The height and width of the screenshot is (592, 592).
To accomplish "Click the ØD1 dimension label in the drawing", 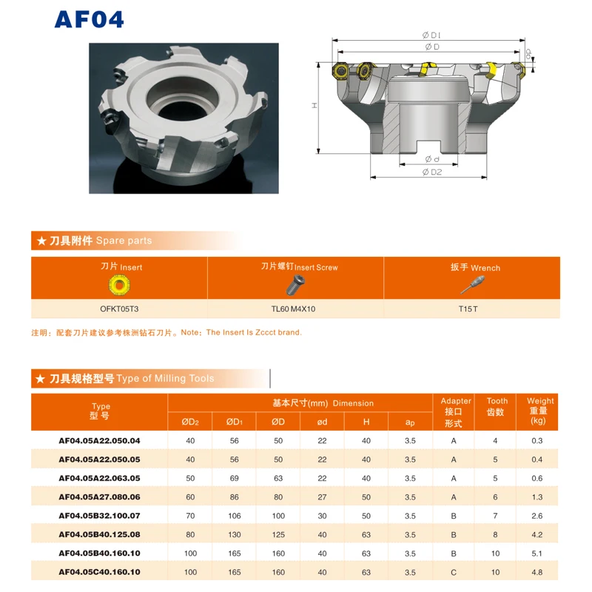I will [x=431, y=35].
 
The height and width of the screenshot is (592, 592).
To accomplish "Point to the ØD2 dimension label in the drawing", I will [x=431, y=172].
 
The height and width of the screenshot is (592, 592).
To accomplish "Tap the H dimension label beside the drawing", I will [x=314, y=106].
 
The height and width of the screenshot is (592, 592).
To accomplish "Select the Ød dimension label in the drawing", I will [x=432, y=159].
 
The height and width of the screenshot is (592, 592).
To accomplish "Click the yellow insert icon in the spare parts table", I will [x=120, y=285].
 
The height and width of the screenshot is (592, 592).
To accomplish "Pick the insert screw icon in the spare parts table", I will [x=297, y=284].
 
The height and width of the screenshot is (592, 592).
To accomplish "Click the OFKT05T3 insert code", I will [x=119, y=309].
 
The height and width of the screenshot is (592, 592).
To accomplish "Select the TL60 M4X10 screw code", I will [x=296, y=309].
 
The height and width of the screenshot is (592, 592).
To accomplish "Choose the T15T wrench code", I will [x=472, y=309].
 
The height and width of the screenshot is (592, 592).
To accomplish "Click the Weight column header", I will [x=540, y=411].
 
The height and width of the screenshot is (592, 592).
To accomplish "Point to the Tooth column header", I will [x=497, y=406].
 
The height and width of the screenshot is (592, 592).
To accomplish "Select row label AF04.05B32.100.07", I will [x=100, y=515].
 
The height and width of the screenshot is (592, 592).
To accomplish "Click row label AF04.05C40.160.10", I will [x=100, y=572].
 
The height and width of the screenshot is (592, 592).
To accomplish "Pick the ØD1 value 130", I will [x=234, y=534].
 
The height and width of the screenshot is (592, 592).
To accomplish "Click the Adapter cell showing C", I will [x=454, y=572].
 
